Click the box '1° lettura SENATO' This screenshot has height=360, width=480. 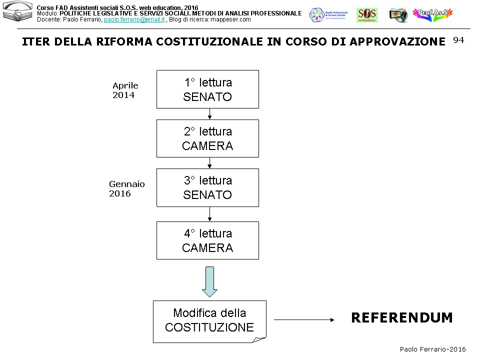(x=207, y=89)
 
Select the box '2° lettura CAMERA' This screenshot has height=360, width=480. (x=207, y=138)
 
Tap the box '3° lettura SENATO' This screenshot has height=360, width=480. (x=207, y=187)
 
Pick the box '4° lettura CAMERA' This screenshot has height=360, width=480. (x=207, y=240)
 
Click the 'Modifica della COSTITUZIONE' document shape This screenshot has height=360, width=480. (x=209, y=320)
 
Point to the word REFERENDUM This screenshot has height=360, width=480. (x=401, y=318)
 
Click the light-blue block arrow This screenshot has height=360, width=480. (x=209, y=281)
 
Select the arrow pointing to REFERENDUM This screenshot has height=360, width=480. (x=303, y=319)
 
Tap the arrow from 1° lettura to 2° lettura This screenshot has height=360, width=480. (x=209, y=114)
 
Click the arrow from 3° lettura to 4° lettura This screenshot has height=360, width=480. (x=209, y=214)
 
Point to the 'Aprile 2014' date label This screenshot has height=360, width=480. (x=125, y=90)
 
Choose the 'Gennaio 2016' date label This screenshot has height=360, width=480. (x=126, y=189)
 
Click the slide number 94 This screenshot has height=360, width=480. (x=458, y=40)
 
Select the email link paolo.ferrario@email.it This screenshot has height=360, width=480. (x=134, y=19)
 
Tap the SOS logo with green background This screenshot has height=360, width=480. (x=366, y=15)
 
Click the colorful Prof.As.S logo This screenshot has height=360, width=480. (x=432, y=15)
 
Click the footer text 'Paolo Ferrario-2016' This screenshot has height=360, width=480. (x=432, y=349)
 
